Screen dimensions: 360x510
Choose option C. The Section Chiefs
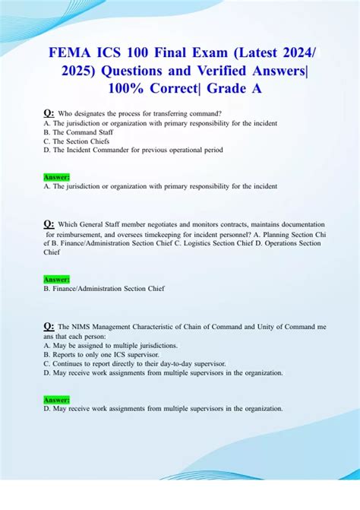click(77, 141)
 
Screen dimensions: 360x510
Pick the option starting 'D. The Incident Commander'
click(134, 150)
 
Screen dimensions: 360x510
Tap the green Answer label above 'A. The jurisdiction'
click(57, 177)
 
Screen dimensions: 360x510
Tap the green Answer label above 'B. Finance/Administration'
click(57, 279)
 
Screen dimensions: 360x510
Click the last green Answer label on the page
click(57, 399)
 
